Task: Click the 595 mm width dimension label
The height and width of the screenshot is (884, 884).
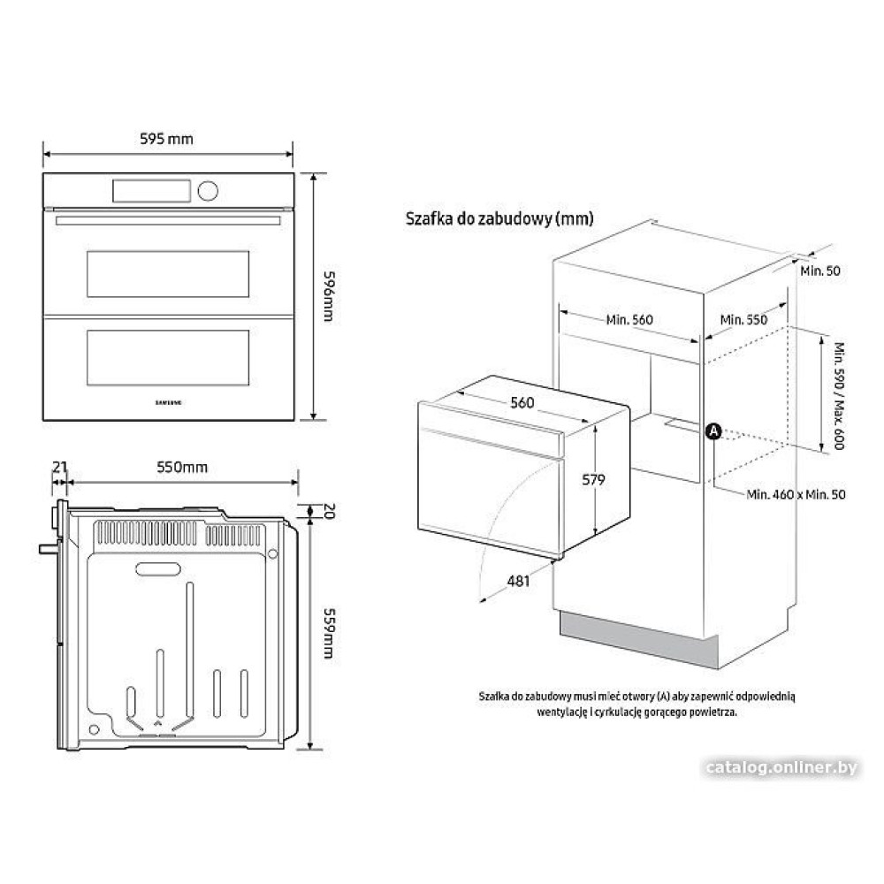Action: click(x=166, y=139)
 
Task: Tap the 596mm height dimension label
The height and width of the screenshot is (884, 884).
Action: click(x=328, y=296)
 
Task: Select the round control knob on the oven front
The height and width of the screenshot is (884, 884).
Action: click(x=208, y=191)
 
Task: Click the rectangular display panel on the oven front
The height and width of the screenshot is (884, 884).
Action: click(x=152, y=191)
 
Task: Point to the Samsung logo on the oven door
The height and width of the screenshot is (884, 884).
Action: click(x=168, y=402)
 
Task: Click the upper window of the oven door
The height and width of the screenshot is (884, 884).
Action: click(x=168, y=274)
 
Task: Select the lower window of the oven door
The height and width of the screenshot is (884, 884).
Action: click(x=168, y=357)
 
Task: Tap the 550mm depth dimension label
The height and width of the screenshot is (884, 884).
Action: click(x=182, y=467)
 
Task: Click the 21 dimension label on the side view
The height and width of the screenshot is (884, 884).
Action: click(x=60, y=467)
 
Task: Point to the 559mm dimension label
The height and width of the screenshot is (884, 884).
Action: click(x=328, y=633)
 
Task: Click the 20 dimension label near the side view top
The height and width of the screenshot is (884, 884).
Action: click(x=330, y=511)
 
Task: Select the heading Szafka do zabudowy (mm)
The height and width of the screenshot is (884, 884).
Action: click(x=499, y=218)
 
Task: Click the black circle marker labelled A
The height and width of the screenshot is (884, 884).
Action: click(x=713, y=432)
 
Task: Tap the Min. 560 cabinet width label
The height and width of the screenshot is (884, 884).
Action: click(x=629, y=320)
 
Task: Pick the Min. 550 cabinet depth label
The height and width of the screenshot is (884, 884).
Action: click(x=743, y=320)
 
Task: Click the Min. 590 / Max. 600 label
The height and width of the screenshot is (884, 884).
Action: click(x=839, y=396)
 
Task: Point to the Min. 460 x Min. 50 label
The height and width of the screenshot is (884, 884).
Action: click(x=796, y=494)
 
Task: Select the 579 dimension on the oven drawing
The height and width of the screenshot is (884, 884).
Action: click(x=593, y=479)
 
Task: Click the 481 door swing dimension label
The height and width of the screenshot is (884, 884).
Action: click(x=518, y=581)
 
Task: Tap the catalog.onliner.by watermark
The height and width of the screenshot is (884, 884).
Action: click(x=781, y=767)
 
